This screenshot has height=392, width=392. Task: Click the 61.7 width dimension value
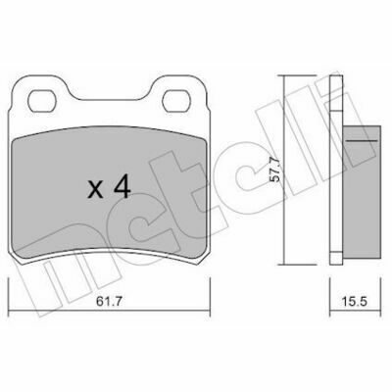[x=109, y=301]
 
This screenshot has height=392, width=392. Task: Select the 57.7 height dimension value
[x=276, y=170]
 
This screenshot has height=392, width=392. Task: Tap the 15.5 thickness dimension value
[x=356, y=301]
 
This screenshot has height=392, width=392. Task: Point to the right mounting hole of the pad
[x=176, y=101]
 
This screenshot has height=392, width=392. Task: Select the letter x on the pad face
[x=95, y=190]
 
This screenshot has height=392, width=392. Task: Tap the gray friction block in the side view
[x=362, y=192]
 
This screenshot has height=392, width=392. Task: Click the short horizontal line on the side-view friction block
[x=363, y=141]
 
